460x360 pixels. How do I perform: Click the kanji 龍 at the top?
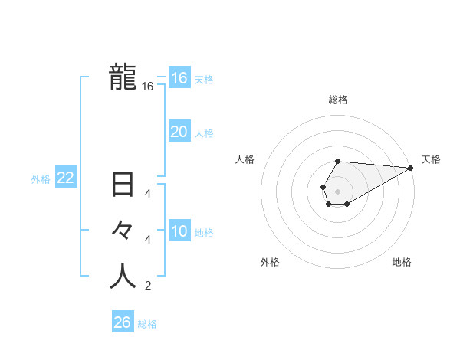pos(123,77)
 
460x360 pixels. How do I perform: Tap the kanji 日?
pos(123,186)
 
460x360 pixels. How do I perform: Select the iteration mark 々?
pos(123,231)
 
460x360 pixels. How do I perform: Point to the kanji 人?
pos(123,276)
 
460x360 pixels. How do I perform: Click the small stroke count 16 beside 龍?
pos(148,87)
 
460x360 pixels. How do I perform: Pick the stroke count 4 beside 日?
pos(148,195)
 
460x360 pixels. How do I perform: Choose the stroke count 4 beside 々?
pos(148,240)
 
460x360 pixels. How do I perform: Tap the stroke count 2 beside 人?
pos(148,286)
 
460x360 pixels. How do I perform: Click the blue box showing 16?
pos(179,78)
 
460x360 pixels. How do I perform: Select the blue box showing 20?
pos(179,132)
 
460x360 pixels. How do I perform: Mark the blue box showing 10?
pos(179,231)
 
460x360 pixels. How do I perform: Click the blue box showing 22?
pos(66,178)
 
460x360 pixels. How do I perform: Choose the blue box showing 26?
pos(123,322)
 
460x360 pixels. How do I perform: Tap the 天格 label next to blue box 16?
pos(204,80)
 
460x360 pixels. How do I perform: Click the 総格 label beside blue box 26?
pos(147,324)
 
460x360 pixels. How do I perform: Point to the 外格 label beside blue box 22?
pos(41,179)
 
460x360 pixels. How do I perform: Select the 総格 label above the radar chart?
pos(338,100)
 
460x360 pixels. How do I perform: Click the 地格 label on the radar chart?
pos(402,263)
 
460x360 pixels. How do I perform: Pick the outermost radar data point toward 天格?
pos(411,168)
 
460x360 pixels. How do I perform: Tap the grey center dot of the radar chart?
pos(337,190)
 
